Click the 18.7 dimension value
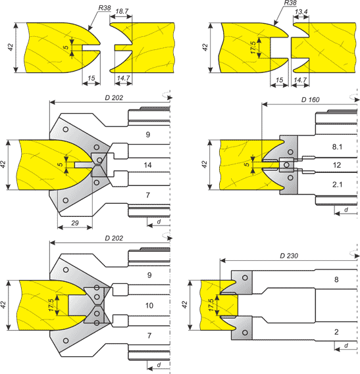click(122, 11)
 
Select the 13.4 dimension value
click(301, 12)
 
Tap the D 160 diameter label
click(311, 100)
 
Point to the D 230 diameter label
click(289, 256)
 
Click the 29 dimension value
click(75, 223)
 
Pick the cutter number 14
click(147, 165)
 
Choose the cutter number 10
click(149, 306)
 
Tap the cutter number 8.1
click(337, 147)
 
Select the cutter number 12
click(337, 165)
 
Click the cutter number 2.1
click(337, 185)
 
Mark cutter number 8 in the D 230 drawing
click(336, 279)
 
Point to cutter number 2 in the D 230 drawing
click(336, 332)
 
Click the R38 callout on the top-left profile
click(105, 8)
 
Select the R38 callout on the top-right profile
click(290, 3)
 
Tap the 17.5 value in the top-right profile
click(253, 47)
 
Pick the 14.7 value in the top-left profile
click(123, 78)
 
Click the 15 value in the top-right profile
click(279, 80)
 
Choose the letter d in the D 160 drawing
click(346, 210)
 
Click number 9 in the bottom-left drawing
click(149, 275)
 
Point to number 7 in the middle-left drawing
click(148, 195)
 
